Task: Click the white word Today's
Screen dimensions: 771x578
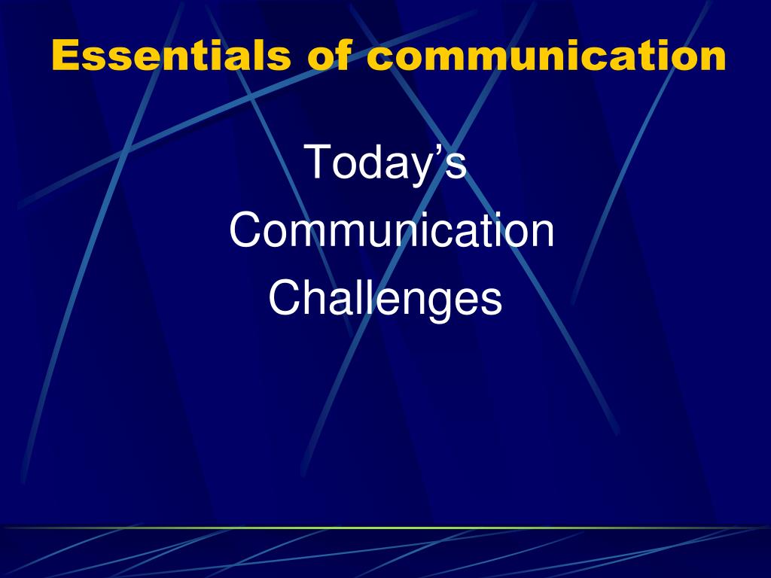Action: tap(385, 163)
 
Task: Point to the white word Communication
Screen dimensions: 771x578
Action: tap(392, 230)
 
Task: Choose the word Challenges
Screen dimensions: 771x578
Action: tap(385, 300)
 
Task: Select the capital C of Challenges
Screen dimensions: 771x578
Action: tap(285, 297)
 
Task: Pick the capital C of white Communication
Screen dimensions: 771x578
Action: tap(245, 230)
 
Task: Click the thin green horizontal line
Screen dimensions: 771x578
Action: tap(385, 528)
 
